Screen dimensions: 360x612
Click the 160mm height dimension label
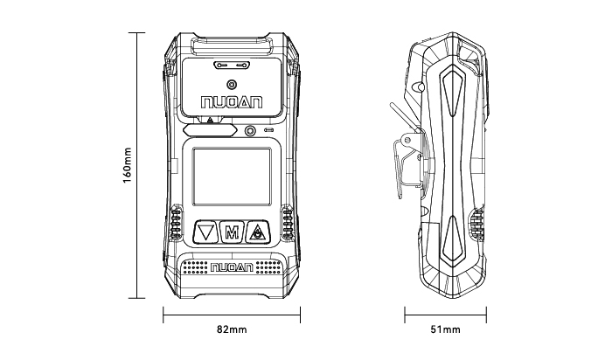click(x=128, y=165)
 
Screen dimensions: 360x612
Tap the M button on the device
click(x=232, y=232)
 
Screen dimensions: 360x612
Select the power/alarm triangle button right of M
click(x=258, y=232)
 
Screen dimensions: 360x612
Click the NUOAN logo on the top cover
click(x=231, y=103)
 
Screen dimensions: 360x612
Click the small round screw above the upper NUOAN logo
click(x=231, y=84)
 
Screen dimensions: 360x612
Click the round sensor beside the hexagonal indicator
click(x=251, y=131)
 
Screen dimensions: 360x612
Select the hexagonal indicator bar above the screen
click(x=213, y=131)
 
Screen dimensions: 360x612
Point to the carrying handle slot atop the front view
click(x=232, y=41)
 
